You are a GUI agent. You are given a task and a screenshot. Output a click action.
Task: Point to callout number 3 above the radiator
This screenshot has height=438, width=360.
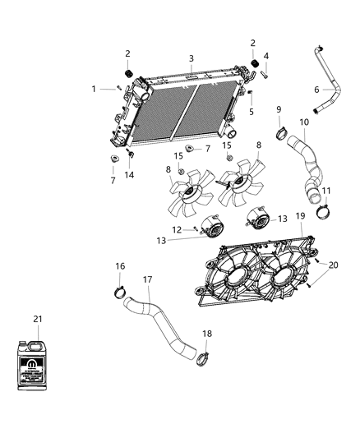(191, 58)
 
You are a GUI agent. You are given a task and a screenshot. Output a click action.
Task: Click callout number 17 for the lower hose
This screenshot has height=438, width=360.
(148, 279)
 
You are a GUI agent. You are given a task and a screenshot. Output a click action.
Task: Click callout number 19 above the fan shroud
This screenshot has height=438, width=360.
(300, 215)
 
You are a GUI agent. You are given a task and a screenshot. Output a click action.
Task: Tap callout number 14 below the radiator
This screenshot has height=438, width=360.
(129, 175)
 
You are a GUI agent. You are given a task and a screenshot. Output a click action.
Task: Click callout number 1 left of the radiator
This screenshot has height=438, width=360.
(95, 88)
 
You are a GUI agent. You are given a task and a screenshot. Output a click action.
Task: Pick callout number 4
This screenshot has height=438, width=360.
(265, 56)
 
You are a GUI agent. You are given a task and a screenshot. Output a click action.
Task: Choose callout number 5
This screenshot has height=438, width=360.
(252, 111)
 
